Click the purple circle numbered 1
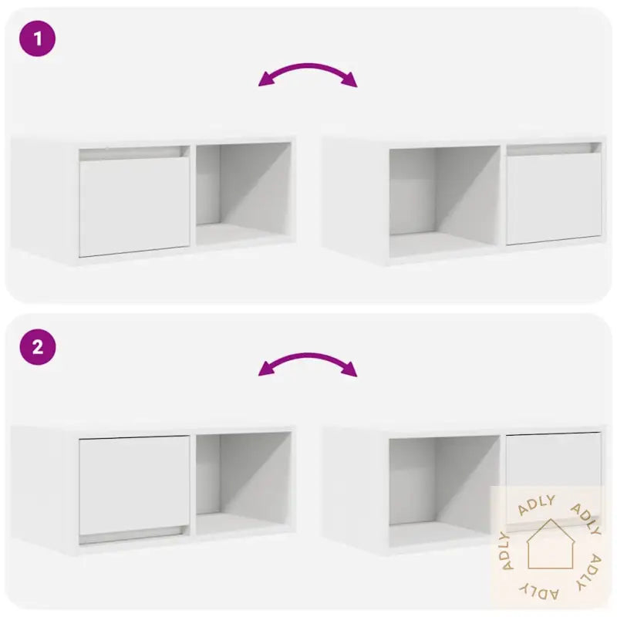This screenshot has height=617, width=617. (37, 39)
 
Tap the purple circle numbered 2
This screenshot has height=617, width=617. (37, 348)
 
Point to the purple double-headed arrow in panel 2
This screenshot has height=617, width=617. (308, 363)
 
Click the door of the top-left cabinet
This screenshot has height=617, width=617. (134, 207)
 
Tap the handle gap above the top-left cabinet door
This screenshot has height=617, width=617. (134, 153)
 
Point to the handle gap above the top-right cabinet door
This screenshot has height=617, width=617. (554, 148)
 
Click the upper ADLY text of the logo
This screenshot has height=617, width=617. (537, 504)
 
